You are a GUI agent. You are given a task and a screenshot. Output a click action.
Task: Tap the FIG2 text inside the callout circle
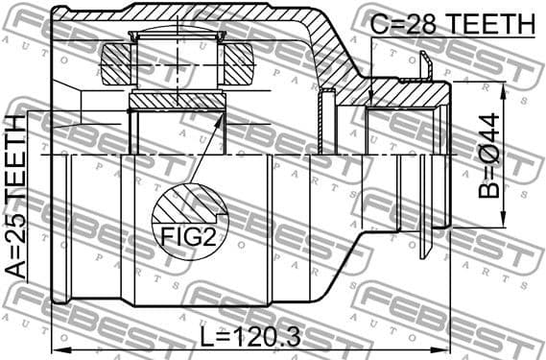pos(188,236)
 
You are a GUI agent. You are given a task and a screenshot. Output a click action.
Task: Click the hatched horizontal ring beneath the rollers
pos(178,101)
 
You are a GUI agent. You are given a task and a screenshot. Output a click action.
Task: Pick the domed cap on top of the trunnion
pos(178,38)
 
